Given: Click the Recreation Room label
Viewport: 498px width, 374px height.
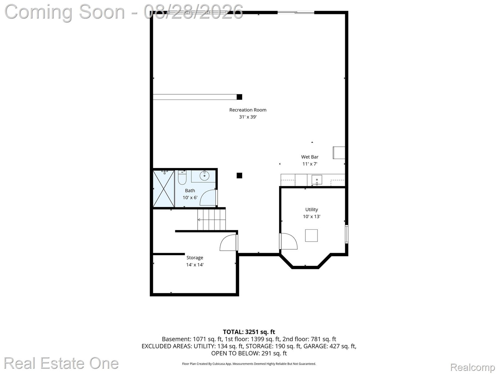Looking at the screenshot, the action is (x=248, y=110).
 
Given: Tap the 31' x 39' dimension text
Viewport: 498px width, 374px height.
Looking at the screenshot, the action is (x=248, y=117).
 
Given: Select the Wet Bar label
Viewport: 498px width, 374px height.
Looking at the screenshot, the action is (x=310, y=157).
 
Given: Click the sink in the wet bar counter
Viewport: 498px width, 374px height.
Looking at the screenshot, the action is (x=317, y=180).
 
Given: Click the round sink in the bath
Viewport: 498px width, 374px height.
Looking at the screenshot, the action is (x=204, y=175).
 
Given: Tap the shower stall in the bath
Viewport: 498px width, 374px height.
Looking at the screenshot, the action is (x=164, y=189).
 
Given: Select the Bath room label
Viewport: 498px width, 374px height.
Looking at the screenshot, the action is (x=190, y=191).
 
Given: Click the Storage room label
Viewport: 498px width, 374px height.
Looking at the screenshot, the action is (x=195, y=258).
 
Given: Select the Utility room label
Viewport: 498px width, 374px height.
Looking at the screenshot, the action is (x=312, y=209).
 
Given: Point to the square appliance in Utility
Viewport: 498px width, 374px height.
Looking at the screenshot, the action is (x=311, y=236).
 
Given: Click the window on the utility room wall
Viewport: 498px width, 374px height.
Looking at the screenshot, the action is (x=346, y=234).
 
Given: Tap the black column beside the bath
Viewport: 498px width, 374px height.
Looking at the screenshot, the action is (x=239, y=175).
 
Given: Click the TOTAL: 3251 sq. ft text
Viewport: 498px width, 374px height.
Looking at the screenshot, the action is (x=249, y=332).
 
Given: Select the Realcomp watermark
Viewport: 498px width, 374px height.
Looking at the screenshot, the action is (x=472, y=367).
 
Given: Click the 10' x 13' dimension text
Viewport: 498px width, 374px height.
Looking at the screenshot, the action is (x=312, y=217).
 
